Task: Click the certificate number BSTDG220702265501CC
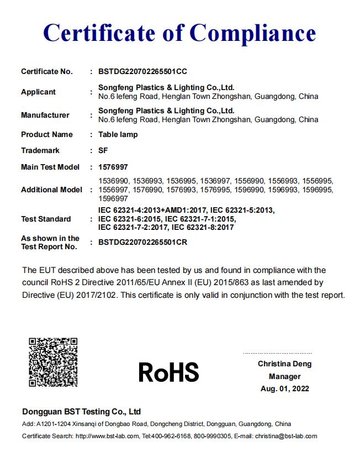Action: pyautogui.click(x=142, y=71)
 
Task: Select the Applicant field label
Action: pyautogui.click(x=39, y=92)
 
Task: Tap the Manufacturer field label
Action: pyautogui.click(x=45, y=115)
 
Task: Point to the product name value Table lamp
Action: pyautogui.click(x=118, y=134)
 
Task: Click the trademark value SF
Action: pyautogui.click(x=103, y=150)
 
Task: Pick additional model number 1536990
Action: pyautogui.click(x=113, y=181)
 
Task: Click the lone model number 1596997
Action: pyautogui.click(x=113, y=198)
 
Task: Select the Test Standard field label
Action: pyautogui.click(x=46, y=219)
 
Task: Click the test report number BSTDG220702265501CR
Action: pyautogui.click(x=142, y=242)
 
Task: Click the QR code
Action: pyautogui.click(x=53, y=362)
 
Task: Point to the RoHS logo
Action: pyautogui.click(x=168, y=372)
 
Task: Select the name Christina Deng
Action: pyautogui.click(x=284, y=364)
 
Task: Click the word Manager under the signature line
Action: pyautogui.click(x=284, y=376)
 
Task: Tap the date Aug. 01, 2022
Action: pyautogui.click(x=284, y=388)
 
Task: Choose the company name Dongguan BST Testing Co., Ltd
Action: pyautogui.click(x=81, y=412)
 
